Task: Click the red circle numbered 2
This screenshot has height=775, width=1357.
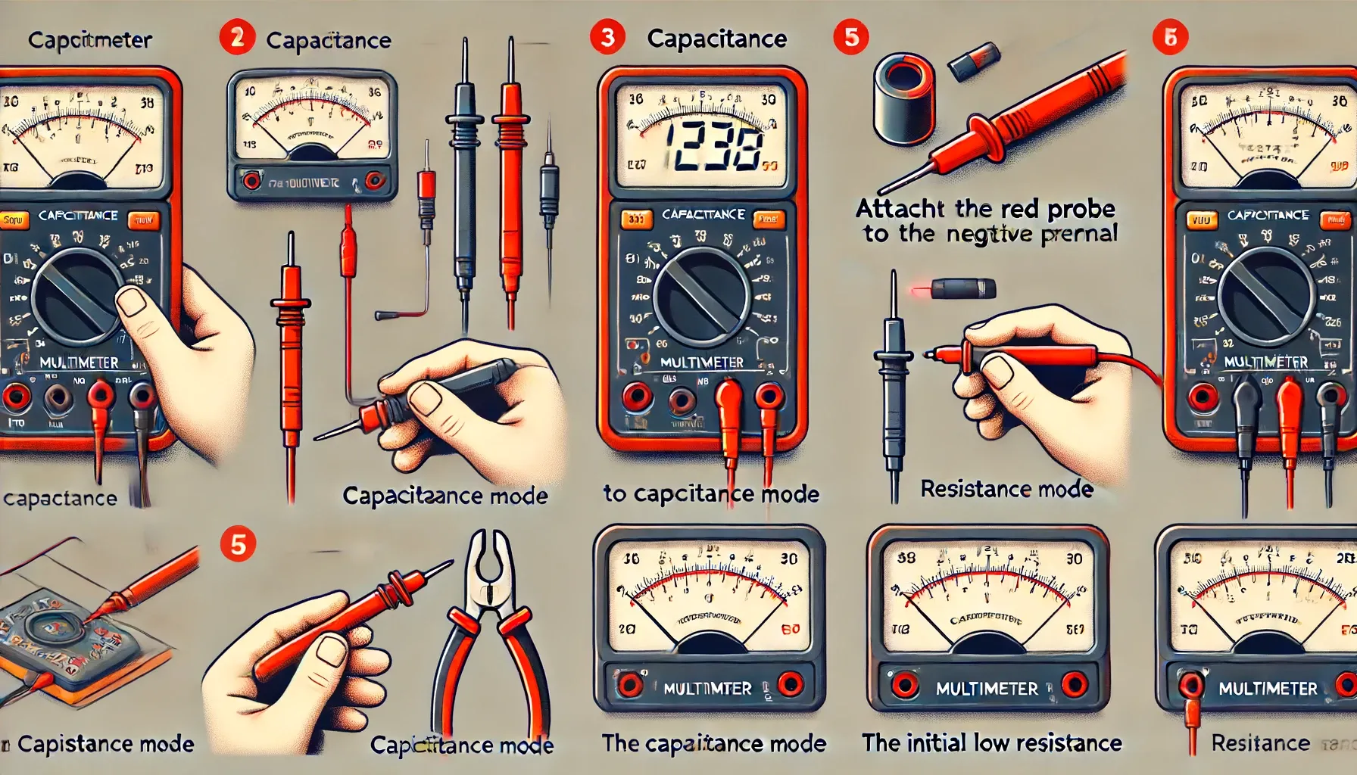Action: pyautogui.click(x=237, y=37)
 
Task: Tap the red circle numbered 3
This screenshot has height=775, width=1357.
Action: pyautogui.click(x=607, y=37)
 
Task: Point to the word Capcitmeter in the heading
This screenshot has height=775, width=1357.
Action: pyautogui.click(x=89, y=39)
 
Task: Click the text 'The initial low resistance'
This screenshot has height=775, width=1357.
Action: pyautogui.click(x=991, y=743)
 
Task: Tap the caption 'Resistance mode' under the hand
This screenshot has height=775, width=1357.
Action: pyautogui.click(x=1006, y=490)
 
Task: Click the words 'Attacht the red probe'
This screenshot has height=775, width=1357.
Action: pyautogui.click(x=985, y=208)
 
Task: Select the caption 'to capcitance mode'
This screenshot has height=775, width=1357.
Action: pyautogui.click(x=711, y=494)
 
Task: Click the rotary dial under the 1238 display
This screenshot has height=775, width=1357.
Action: pyautogui.click(x=701, y=296)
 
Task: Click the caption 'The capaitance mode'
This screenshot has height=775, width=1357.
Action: pyautogui.click(x=713, y=743)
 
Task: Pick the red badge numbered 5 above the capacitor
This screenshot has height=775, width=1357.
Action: pyautogui.click(x=851, y=37)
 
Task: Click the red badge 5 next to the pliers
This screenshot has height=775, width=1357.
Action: pyautogui.click(x=238, y=545)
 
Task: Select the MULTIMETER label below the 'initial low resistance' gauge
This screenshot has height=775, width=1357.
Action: pyautogui.click(x=987, y=689)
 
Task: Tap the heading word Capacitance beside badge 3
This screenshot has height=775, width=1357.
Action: pyautogui.click(x=716, y=39)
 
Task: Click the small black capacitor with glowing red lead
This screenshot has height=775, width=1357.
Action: pyautogui.click(x=962, y=288)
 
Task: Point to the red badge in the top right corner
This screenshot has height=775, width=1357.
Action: pyautogui.click(x=1170, y=37)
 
